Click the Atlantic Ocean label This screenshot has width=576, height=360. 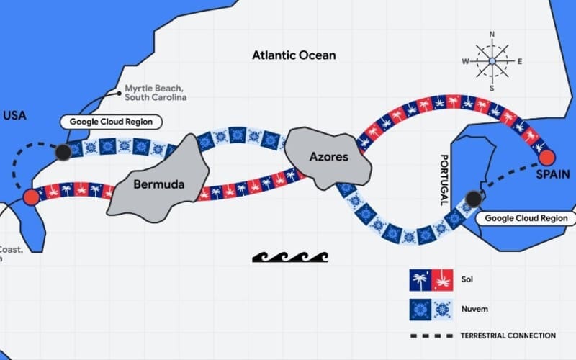[x=294, y=55]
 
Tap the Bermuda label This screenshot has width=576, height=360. [x=159, y=184]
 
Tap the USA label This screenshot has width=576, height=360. [x=15, y=114]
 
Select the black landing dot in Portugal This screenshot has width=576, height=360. [x=473, y=198]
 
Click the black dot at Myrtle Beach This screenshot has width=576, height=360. [x=63, y=151]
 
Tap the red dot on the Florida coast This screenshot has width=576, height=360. [x=30, y=197]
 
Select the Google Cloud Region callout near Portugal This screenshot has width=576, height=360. [x=526, y=217]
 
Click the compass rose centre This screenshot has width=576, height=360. [x=492, y=62]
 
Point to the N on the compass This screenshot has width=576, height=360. [x=492, y=34]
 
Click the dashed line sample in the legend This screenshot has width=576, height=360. [x=431, y=336]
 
